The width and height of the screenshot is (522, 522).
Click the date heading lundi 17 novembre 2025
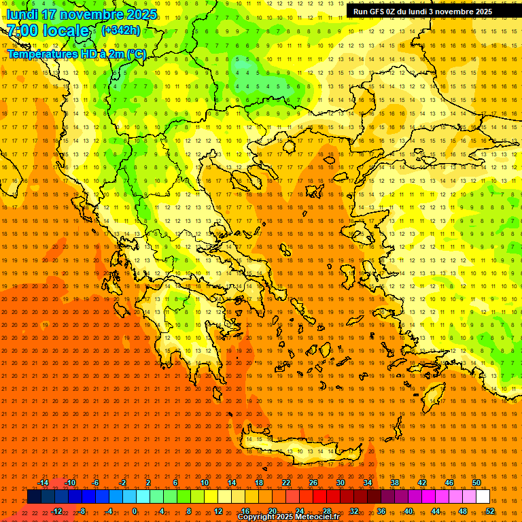[82, 14]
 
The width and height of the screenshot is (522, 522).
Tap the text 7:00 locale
[48, 31]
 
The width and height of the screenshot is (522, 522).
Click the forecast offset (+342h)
[121, 30]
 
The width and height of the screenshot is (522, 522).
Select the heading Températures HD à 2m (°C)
[77, 54]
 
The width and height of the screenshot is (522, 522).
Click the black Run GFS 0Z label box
[423, 12]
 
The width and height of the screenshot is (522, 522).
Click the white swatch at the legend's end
[483, 497]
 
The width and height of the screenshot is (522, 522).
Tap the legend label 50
[476, 483]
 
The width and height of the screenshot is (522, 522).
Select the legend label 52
[490, 510]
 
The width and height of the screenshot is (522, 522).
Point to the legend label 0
[135, 510]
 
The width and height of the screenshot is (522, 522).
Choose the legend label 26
[313, 483]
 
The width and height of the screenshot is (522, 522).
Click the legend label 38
[395, 483]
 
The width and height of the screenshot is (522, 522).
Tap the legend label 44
[436, 510]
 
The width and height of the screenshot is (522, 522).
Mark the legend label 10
[205, 483]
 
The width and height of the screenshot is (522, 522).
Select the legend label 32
[354, 510]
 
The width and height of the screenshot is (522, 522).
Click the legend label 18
[259, 483]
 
